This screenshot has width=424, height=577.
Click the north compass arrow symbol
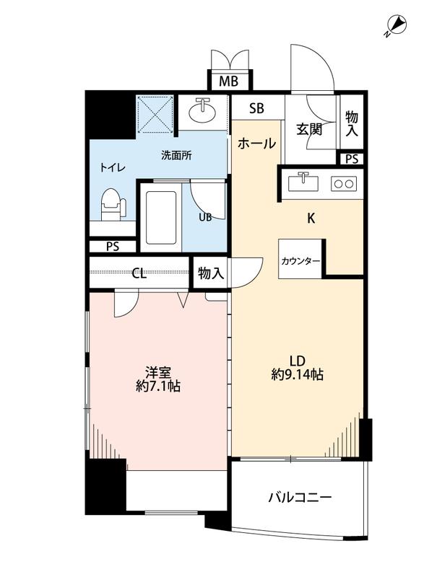(395, 26)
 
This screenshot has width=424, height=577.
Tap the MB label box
(229, 82)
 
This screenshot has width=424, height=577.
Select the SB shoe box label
(256, 109)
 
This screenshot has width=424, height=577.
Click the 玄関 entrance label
(308, 130)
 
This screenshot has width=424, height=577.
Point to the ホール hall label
(256, 144)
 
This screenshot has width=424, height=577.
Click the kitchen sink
(303, 182)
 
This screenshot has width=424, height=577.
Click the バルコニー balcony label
(300, 498)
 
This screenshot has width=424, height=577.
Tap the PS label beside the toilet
(112, 246)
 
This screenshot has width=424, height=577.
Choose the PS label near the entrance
(352, 159)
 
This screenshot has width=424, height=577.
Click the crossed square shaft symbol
(155, 113)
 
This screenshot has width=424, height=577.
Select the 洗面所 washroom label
(176, 154)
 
